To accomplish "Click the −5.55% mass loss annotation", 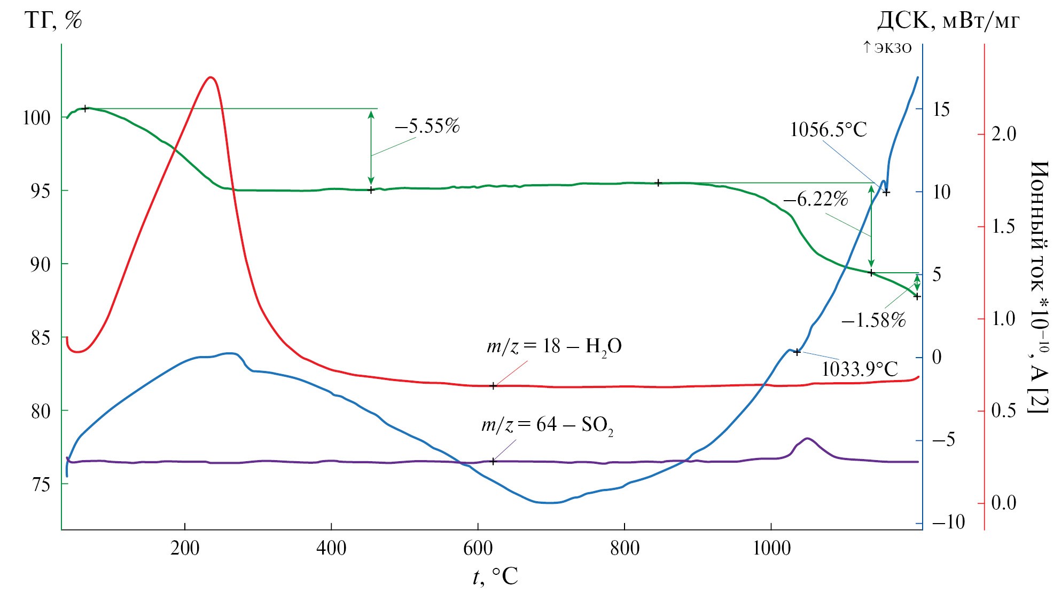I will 427,126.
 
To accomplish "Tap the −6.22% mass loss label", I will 815,199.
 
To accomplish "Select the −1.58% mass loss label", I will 873,320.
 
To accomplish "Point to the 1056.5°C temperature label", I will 828,130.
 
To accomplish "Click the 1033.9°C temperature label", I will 859,369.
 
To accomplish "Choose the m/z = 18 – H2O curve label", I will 553,347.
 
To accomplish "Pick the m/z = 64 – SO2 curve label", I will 547,425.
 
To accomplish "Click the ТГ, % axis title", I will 53,21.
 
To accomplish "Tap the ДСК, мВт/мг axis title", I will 948,21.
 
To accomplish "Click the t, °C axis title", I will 495,576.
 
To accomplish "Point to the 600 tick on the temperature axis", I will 478,548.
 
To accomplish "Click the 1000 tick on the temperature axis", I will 771,548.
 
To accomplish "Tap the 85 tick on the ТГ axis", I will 41,338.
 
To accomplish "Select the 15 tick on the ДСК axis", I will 941,109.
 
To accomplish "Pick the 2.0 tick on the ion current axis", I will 1003,135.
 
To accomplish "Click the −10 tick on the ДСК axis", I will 948,522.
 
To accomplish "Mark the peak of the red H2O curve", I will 211,77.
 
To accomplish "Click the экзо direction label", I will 887,48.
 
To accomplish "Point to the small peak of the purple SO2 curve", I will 807,439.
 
